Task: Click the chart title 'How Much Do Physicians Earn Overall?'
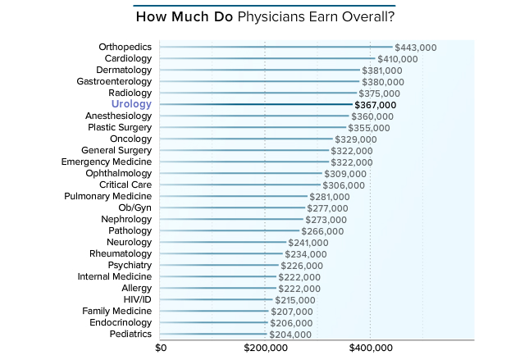264,16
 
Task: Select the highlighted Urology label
131,105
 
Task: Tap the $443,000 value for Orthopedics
415,48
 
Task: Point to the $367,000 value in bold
375,105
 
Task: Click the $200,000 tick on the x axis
265,348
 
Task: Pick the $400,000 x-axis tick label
370,348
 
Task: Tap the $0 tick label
161,348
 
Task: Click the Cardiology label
129,59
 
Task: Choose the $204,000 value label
290,335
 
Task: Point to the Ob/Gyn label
135,208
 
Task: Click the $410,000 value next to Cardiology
398,59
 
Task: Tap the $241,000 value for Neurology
309,243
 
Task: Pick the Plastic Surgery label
120,128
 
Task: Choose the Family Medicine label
117,312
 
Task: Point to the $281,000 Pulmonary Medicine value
330,197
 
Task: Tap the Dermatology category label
125,71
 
